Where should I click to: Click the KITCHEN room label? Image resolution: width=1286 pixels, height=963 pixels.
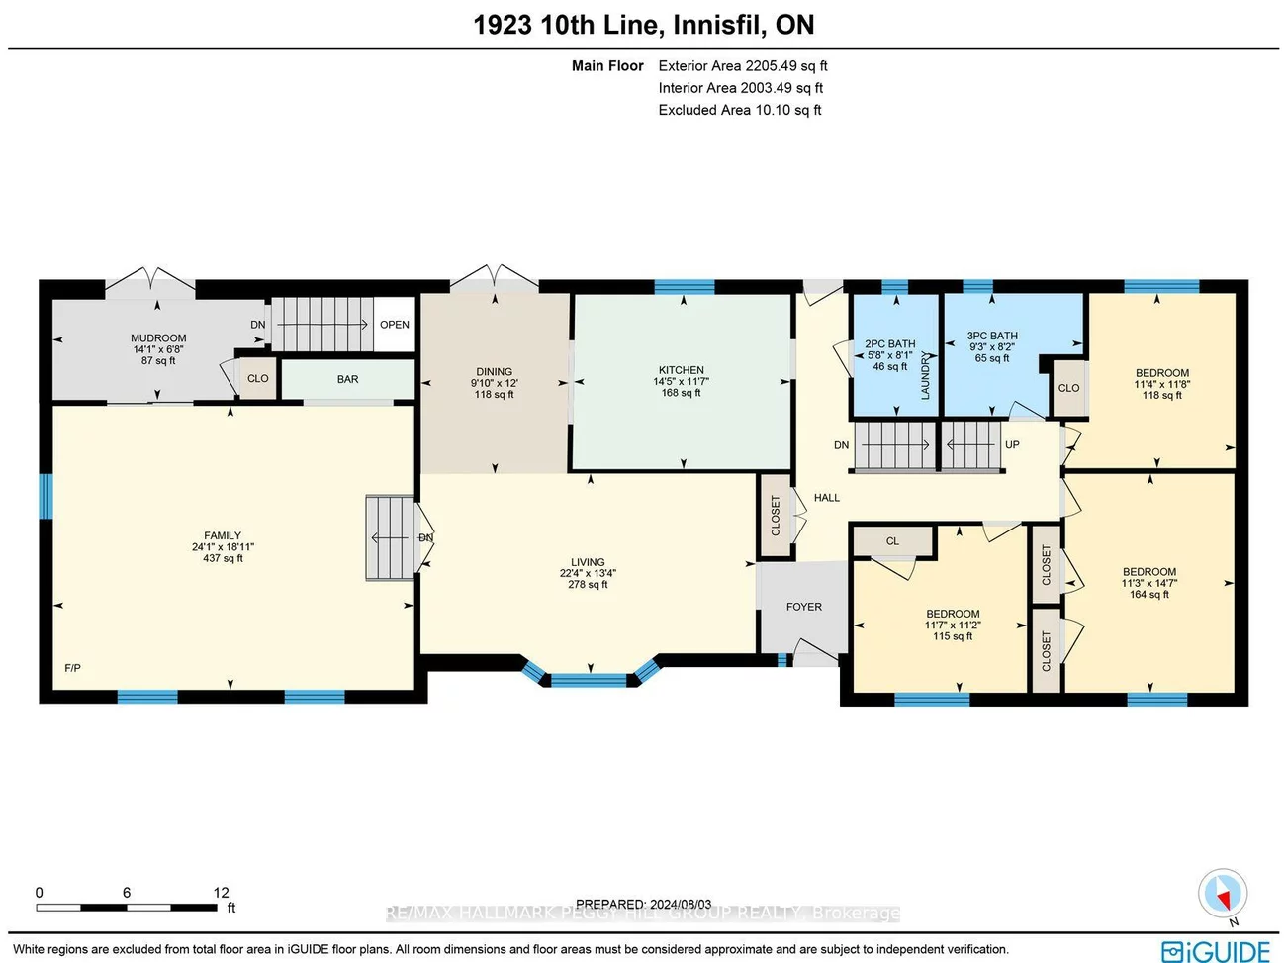pos(681,370)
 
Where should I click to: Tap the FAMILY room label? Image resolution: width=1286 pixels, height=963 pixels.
pos(223,535)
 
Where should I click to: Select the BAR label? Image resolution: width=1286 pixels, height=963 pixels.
pos(347,379)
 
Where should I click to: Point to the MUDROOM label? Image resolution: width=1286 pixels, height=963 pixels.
pos(158,338)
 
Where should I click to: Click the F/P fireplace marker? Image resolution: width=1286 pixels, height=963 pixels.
pos(72,668)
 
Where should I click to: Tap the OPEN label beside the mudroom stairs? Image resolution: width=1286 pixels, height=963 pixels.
pos(394,325)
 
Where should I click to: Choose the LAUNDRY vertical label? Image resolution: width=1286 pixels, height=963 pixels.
pos(926,375)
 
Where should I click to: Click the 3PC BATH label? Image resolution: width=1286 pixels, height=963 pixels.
pos(992,337)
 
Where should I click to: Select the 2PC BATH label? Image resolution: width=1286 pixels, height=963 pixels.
pos(890,344)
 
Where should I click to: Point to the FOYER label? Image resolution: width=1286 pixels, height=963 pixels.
pos(803,607)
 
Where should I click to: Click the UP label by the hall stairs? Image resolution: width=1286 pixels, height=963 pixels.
pos(1012,445)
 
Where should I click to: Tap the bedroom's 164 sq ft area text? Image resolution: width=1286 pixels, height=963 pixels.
pos(1149,595)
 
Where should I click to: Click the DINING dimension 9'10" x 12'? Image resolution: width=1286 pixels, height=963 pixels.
pos(494,383)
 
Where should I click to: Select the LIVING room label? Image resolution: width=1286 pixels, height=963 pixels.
pos(588,562)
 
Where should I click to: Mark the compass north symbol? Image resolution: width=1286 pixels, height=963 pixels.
pos(1223,895)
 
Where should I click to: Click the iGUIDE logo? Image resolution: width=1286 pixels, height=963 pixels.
pos(1216,951)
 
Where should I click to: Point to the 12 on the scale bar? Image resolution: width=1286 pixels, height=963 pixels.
pos(221,892)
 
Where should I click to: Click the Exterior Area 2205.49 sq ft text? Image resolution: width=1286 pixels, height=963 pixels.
pos(742,66)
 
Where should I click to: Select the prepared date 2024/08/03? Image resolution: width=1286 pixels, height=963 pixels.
pos(680,904)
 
